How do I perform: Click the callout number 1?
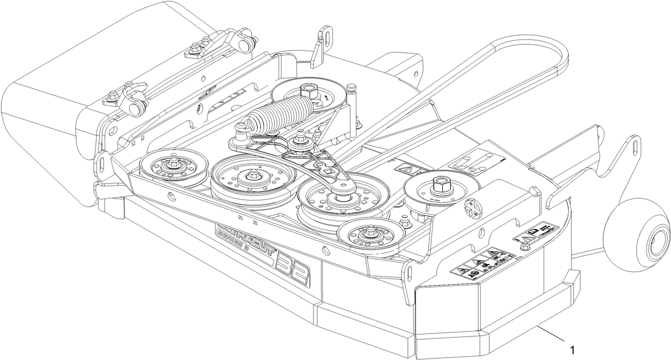pos(572,350)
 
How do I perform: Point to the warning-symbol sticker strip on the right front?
pos(483,262)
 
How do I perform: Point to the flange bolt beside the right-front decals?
pos(524,245)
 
